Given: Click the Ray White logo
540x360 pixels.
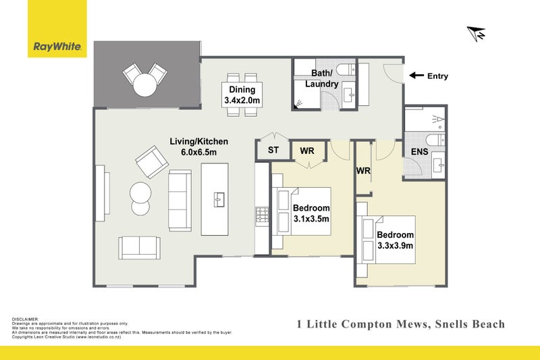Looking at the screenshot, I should (57, 47).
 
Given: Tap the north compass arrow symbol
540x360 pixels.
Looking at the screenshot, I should (477, 33).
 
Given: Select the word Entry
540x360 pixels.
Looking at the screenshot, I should (437, 76).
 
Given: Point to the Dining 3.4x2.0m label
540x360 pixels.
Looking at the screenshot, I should (242, 95).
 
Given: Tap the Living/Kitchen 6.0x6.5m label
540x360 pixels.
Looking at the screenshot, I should (198, 147).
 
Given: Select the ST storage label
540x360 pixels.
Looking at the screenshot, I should (273, 150).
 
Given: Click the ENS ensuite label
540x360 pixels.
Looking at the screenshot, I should (419, 153).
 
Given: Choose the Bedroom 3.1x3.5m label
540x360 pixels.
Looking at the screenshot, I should (311, 213).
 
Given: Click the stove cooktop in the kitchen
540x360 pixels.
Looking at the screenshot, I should (262, 215).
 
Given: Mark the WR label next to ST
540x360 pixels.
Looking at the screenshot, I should (306, 150).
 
